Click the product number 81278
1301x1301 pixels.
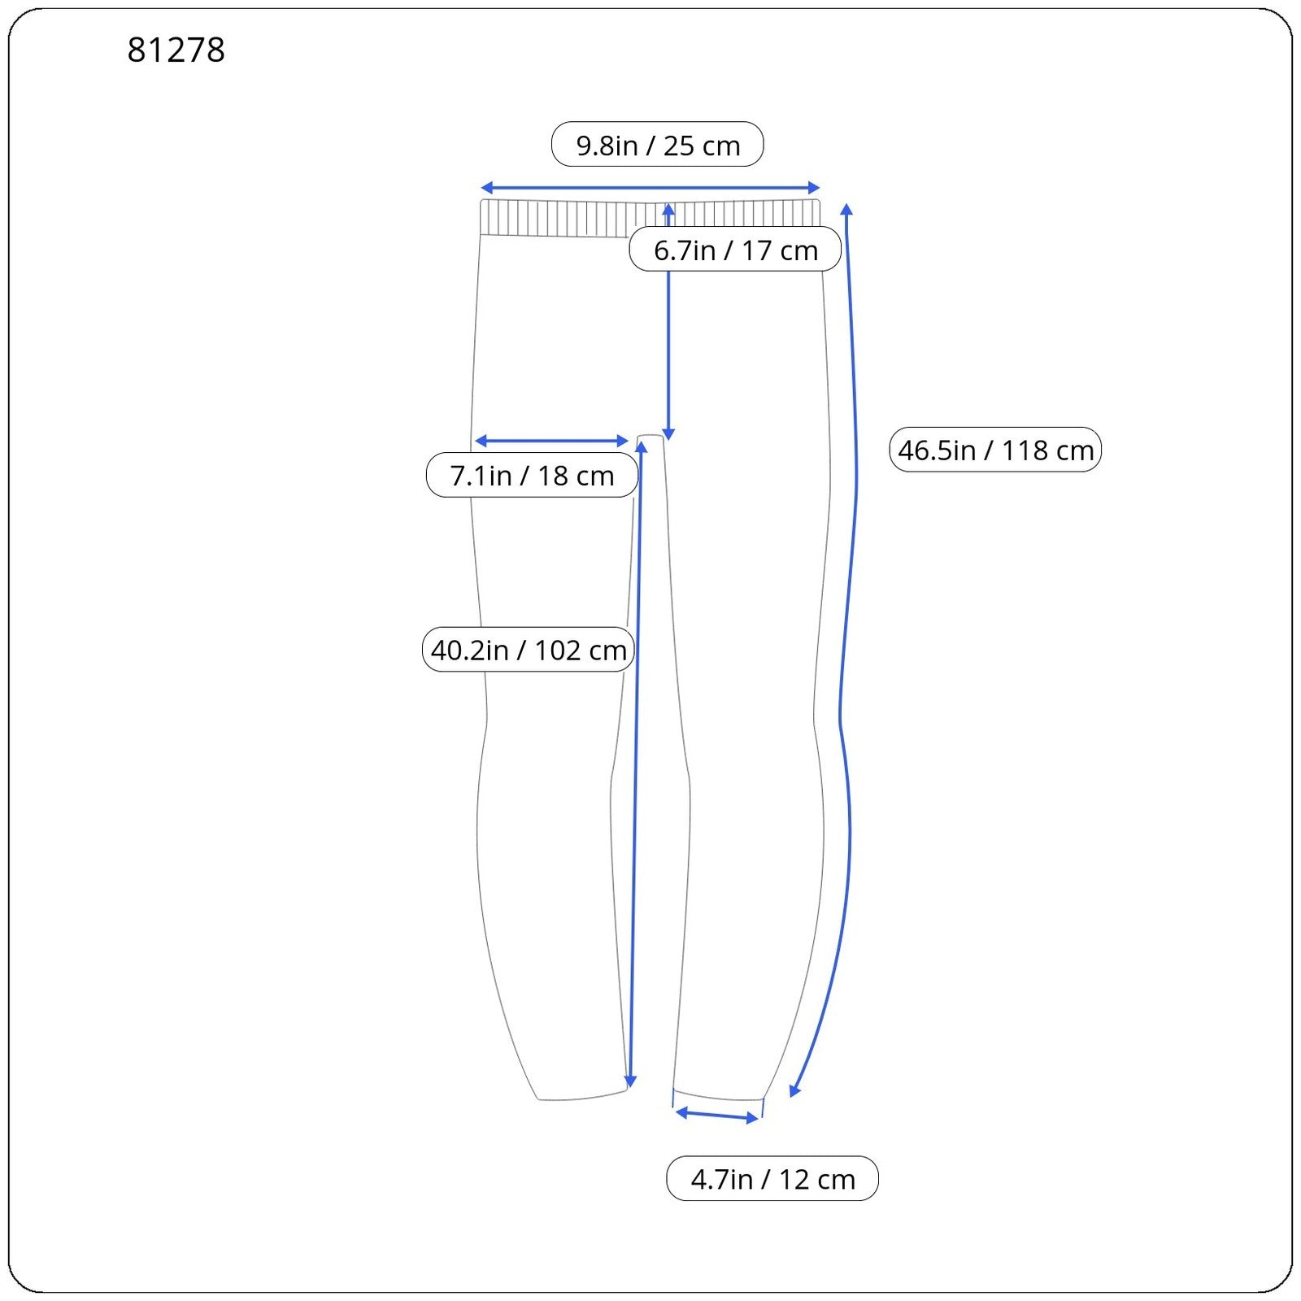(x=176, y=50)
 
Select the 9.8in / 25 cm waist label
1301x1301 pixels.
(x=658, y=145)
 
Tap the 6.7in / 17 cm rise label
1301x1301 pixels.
(x=735, y=249)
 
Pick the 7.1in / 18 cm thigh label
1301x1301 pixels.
(x=532, y=475)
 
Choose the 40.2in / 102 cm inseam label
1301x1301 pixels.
(x=529, y=649)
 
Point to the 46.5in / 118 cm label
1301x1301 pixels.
(x=995, y=449)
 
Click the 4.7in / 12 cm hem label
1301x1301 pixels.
(x=772, y=1178)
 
